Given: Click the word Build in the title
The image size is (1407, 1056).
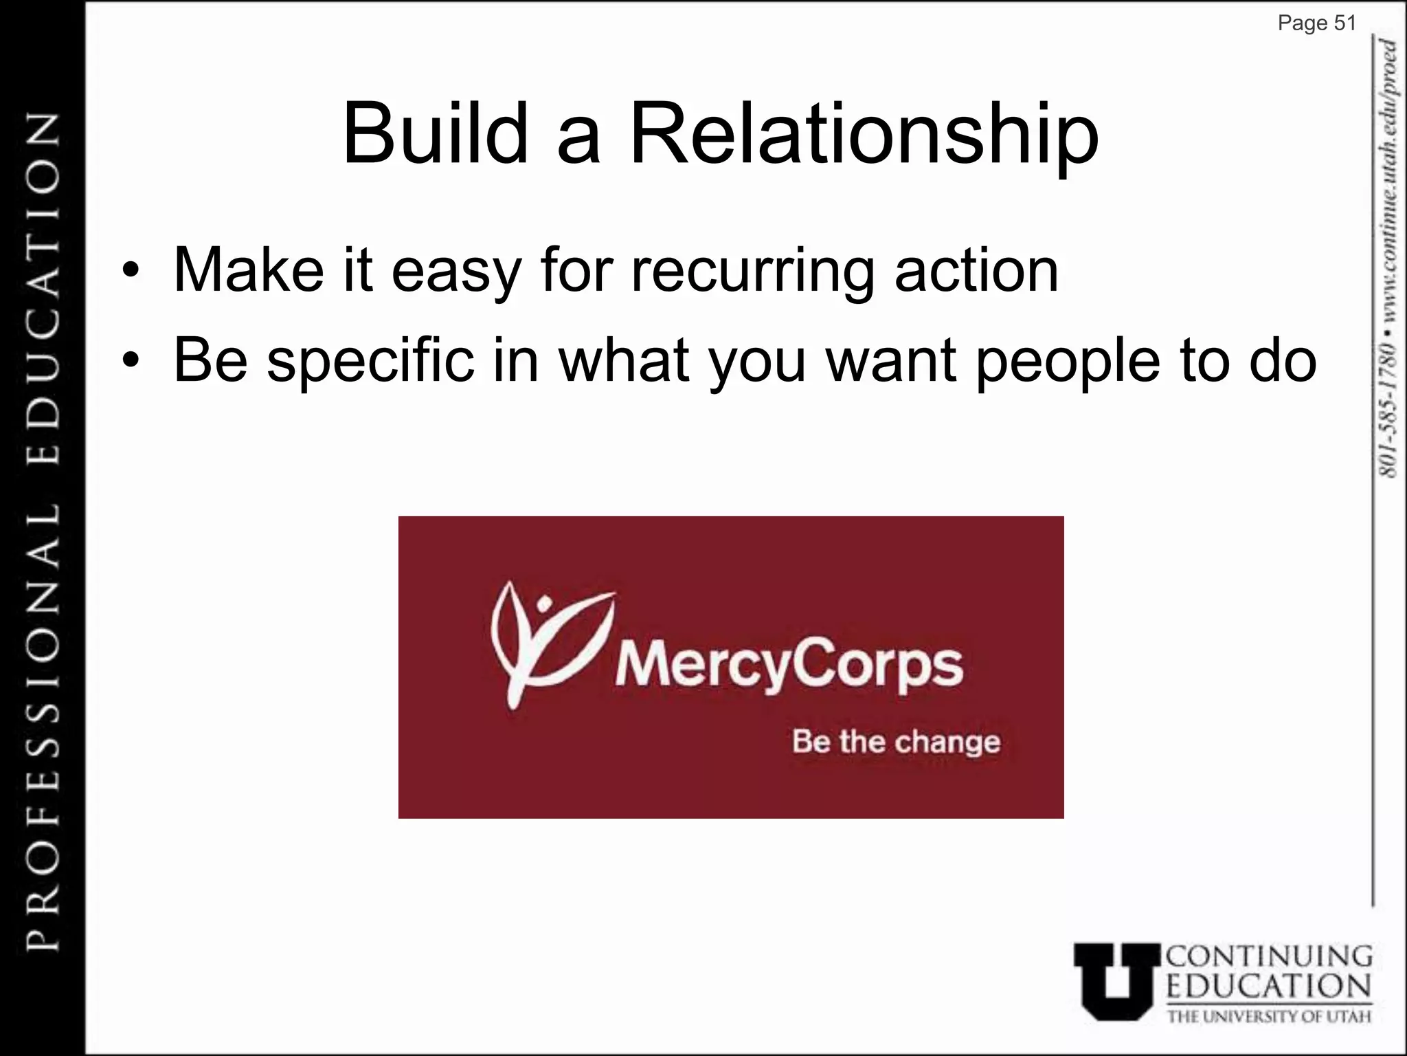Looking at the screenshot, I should point(435,134).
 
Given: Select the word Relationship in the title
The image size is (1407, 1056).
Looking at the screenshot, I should point(864,135).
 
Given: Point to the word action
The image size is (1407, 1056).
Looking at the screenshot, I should point(976,270).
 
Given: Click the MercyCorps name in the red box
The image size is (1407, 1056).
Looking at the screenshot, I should point(789,665).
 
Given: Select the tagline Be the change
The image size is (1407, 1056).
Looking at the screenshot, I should point(896,742).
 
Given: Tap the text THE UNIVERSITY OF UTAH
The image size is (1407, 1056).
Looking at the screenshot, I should point(1269,1015).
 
